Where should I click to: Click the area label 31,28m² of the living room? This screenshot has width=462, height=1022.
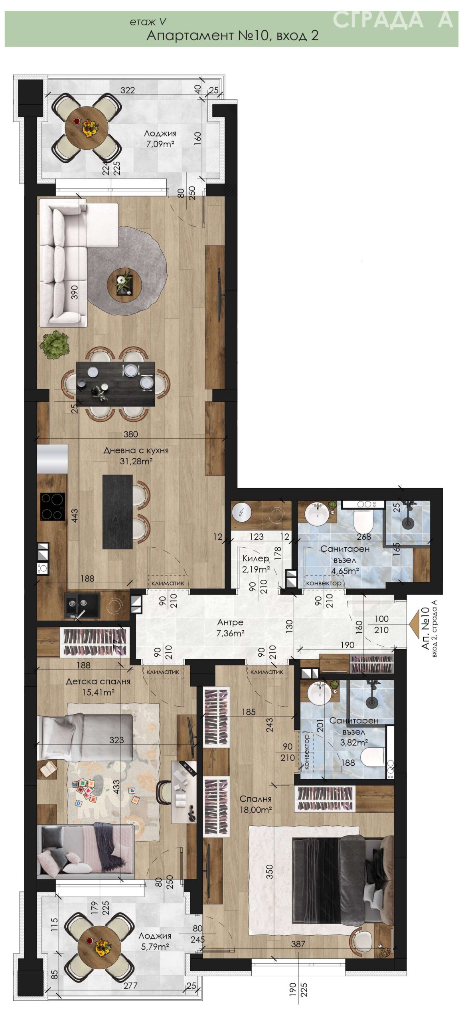pos(136,461)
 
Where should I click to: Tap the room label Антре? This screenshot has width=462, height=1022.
pos(230,622)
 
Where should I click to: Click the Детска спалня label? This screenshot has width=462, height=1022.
pos(98,681)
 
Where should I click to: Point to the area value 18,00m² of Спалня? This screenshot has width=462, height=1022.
pos(256,809)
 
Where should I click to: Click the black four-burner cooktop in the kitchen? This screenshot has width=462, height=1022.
pos(53,507)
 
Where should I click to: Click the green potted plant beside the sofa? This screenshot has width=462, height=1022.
pos(55,345)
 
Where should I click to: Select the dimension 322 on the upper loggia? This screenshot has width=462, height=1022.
pos(128,90)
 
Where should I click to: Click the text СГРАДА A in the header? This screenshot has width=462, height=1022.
pos(393,20)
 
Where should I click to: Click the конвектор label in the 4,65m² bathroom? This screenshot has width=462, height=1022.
pos(324,583)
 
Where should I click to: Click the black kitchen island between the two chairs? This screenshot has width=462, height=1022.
pos(117,512)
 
